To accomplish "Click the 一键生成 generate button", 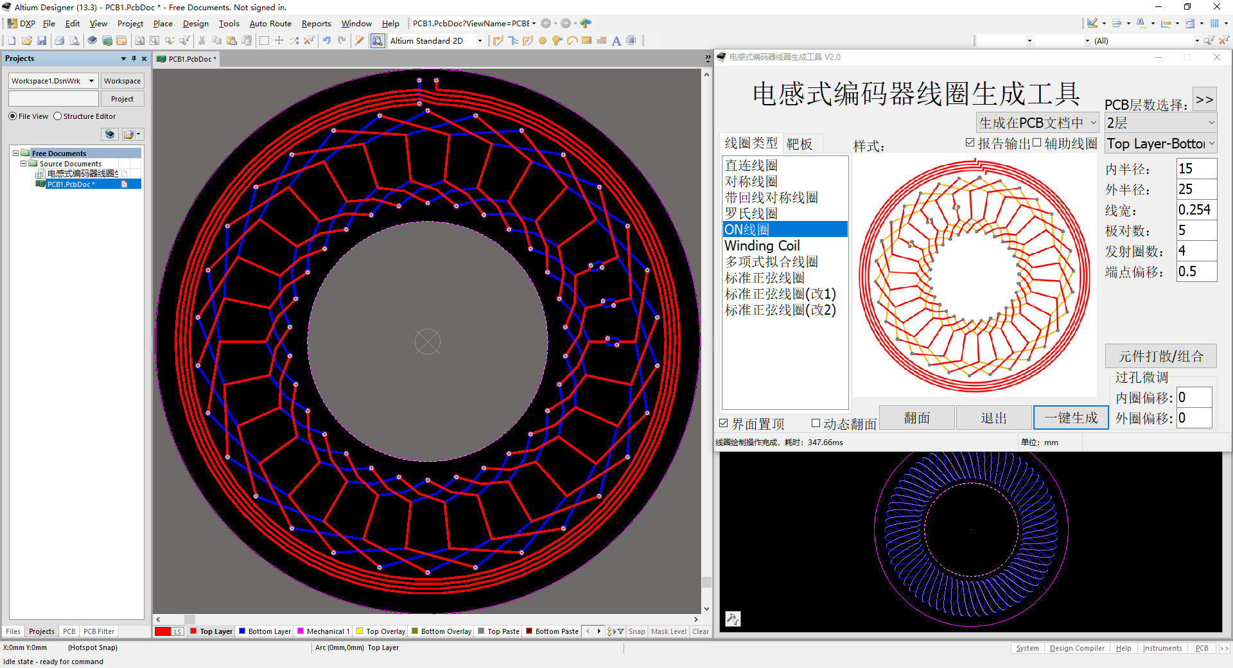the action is click(1071, 418).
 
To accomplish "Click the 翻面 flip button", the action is click(916, 418).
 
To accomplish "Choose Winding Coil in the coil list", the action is click(762, 245).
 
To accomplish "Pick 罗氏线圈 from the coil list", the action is click(751, 213).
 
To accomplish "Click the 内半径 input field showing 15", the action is click(1196, 168).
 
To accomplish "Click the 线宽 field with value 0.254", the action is click(1196, 209).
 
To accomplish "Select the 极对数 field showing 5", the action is click(1196, 230).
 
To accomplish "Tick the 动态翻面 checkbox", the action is click(816, 423).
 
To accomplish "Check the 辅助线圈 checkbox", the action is click(1036, 143).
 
